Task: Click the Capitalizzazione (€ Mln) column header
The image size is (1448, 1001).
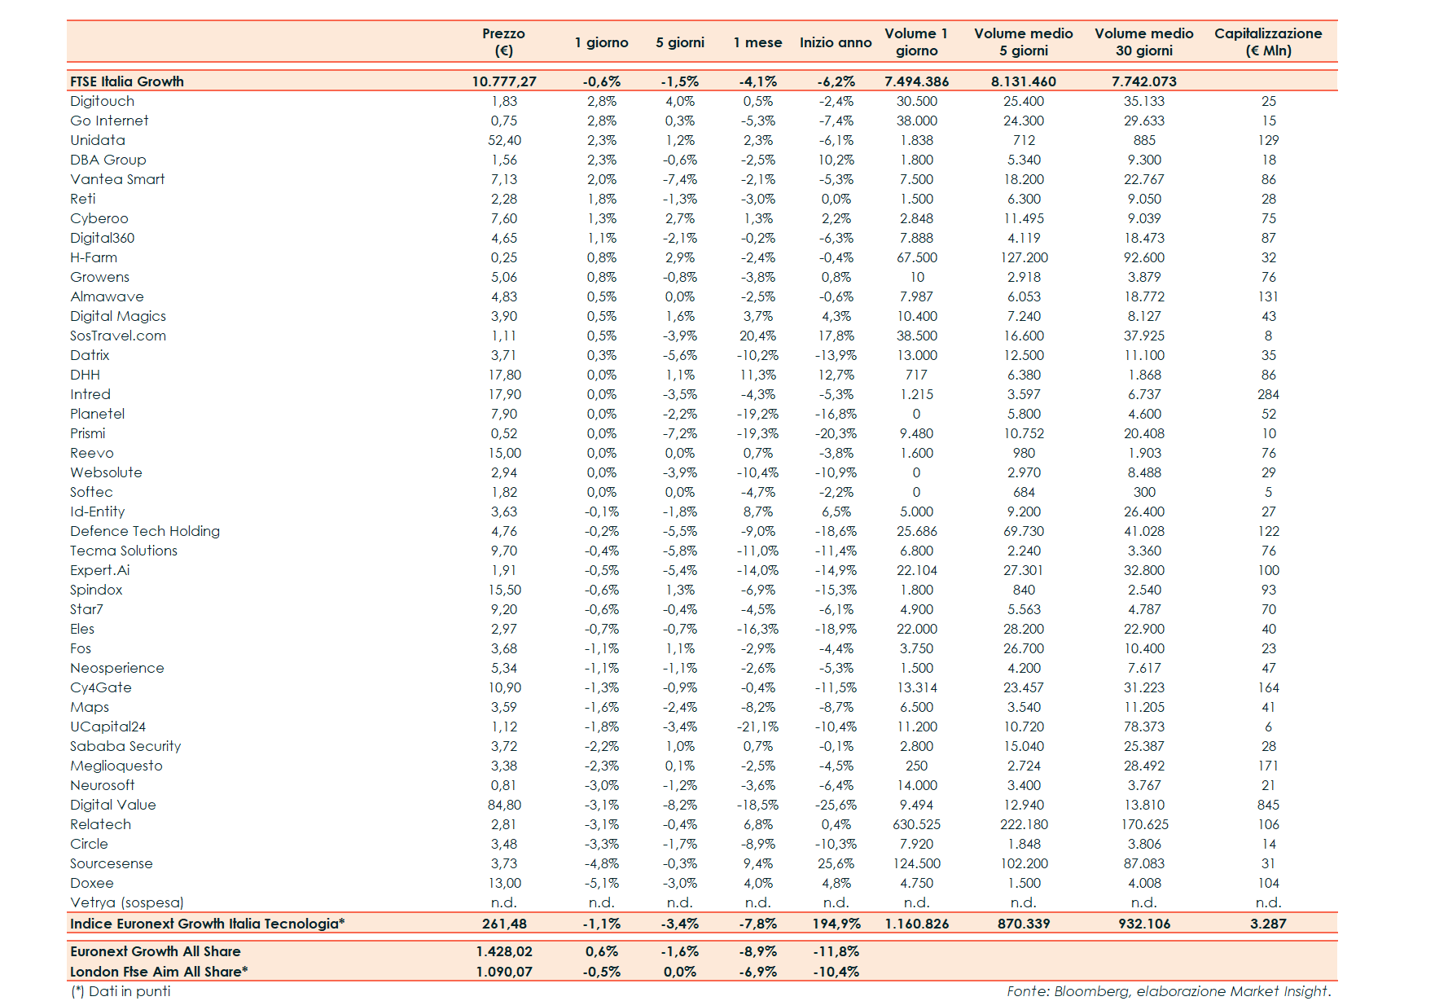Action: click(1268, 42)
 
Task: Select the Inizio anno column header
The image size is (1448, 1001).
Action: click(836, 42)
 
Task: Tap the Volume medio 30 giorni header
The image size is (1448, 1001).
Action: click(1143, 42)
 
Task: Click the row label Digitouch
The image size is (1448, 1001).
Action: click(102, 101)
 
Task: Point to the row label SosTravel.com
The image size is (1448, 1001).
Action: click(118, 336)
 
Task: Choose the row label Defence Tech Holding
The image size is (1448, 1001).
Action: click(145, 531)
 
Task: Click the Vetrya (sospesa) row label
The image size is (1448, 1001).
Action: click(127, 902)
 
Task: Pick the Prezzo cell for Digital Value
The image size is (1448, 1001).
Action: click(504, 805)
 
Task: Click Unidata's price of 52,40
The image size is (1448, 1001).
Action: click(504, 140)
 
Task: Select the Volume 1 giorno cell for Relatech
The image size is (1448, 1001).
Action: click(916, 824)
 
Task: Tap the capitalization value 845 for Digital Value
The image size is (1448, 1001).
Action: click(1268, 805)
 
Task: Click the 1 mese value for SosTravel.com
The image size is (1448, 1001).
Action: click(757, 336)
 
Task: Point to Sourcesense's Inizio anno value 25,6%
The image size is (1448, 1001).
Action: click(836, 863)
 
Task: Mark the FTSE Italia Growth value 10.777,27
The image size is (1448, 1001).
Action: click(504, 81)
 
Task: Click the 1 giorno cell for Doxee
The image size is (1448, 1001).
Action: click(602, 883)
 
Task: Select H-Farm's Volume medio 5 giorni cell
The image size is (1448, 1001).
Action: click(1024, 257)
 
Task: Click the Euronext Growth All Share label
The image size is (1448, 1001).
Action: click(155, 951)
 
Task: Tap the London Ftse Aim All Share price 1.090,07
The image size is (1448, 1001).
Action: click(504, 972)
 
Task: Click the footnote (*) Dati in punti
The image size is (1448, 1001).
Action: click(121, 991)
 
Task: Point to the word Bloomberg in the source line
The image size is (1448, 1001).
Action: click(1091, 991)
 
